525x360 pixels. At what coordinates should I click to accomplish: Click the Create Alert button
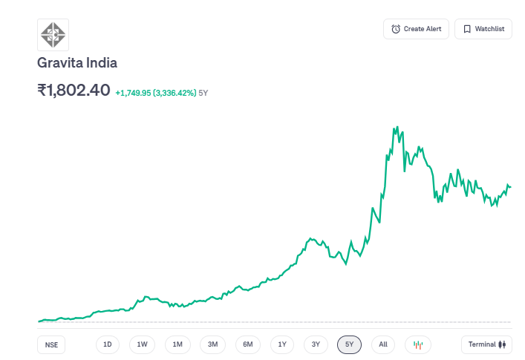click(x=416, y=29)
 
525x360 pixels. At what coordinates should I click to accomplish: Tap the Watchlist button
click(x=483, y=29)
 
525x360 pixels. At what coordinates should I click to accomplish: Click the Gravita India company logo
click(x=53, y=34)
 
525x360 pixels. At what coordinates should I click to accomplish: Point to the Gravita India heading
click(x=77, y=63)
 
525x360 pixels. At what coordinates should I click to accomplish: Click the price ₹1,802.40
click(x=74, y=91)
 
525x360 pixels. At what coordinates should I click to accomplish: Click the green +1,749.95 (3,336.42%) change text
click(x=155, y=93)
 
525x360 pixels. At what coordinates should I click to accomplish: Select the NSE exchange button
click(x=50, y=344)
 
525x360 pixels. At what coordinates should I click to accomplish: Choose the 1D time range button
click(x=108, y=344)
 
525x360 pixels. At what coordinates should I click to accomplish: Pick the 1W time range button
click(x=142, y=344)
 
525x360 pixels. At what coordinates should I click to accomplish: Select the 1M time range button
click(x=177, y=344)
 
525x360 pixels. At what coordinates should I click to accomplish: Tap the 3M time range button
click(x=212, y=344)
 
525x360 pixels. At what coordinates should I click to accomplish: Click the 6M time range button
click(x=248, y=344)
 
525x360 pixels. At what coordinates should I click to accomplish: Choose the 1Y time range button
click(x=282, y=344)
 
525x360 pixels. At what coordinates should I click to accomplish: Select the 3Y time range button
click(x=316, y=344)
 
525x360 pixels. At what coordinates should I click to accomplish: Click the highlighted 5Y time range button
click(x=349, y=344)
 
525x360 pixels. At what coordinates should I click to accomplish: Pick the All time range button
click(x=383, y=344)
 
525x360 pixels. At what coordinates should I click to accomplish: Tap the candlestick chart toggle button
click(x=417, y=344)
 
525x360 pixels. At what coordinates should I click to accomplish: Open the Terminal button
click(x=486, y=344)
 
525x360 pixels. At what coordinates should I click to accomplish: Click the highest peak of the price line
click(x=397, y=127)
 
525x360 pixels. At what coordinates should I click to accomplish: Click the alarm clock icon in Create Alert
click(x=396, y=29)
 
